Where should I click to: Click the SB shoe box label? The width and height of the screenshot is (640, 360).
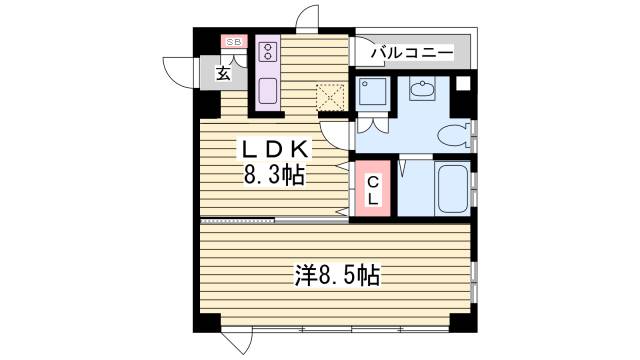[233, 42]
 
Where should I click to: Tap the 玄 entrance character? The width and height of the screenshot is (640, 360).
[224, 72]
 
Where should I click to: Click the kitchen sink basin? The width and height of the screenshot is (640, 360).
[269, 92]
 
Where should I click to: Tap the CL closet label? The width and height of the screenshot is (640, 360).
[372, 190]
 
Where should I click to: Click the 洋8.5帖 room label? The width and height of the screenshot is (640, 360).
[336, 273]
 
